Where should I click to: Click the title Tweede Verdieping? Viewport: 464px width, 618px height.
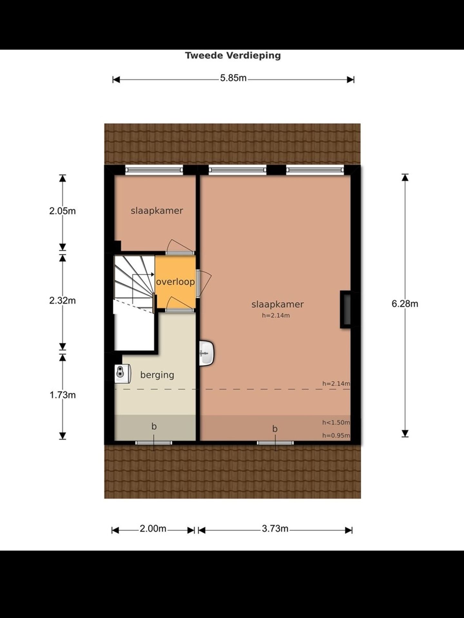(233, 55)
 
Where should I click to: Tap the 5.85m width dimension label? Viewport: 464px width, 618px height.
(233, 78)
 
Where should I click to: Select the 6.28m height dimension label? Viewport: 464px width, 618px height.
(405, 304)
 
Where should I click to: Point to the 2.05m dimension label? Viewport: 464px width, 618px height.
(63, 211)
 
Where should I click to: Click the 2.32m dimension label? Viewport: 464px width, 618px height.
(63, 301)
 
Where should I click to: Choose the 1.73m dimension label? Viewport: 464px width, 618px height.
(63, 395)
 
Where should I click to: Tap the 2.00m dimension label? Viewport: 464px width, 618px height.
(153, 529)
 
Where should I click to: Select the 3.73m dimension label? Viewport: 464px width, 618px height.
(275, 529)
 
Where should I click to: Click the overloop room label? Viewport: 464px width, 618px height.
(175, 282)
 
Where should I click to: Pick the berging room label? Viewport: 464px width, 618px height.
(157, 375)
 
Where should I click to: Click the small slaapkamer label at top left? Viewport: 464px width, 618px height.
(157, 211)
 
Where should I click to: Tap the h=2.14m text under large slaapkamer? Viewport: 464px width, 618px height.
(276, 316)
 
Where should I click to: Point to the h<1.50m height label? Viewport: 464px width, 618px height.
(336, 423)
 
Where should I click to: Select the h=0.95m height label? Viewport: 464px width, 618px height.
(336, 436)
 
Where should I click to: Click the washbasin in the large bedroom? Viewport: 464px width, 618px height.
(207, 353)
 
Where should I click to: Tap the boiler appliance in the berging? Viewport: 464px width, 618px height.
(122, 373)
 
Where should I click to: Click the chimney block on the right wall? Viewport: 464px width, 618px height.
(346, 309)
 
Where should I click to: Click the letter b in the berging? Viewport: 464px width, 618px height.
(154, 426)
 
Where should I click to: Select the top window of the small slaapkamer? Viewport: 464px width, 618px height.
(154, 170)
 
